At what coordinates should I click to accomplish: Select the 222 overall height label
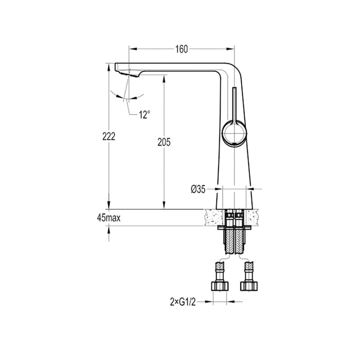(x=108, y=136)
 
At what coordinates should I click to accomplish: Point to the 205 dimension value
(x=164, y=141)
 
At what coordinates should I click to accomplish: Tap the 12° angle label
(x=144, y=115)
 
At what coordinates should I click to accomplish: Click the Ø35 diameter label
(x=198, y=189)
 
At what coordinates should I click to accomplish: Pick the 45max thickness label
(x=109, y=219)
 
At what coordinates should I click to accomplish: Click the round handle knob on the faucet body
(x=235, y=134)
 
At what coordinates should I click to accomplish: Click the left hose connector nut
(x=220, y=285)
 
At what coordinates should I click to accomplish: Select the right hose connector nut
(x=249, y=285)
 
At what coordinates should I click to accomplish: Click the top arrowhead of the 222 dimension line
(x=108, y=66)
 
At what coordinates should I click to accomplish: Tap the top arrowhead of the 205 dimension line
(x=164, y=76)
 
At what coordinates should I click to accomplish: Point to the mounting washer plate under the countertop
(x=235, y=226)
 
